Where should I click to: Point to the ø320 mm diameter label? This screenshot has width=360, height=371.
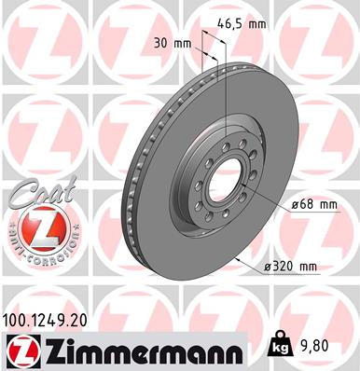click(x=292, y=268)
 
